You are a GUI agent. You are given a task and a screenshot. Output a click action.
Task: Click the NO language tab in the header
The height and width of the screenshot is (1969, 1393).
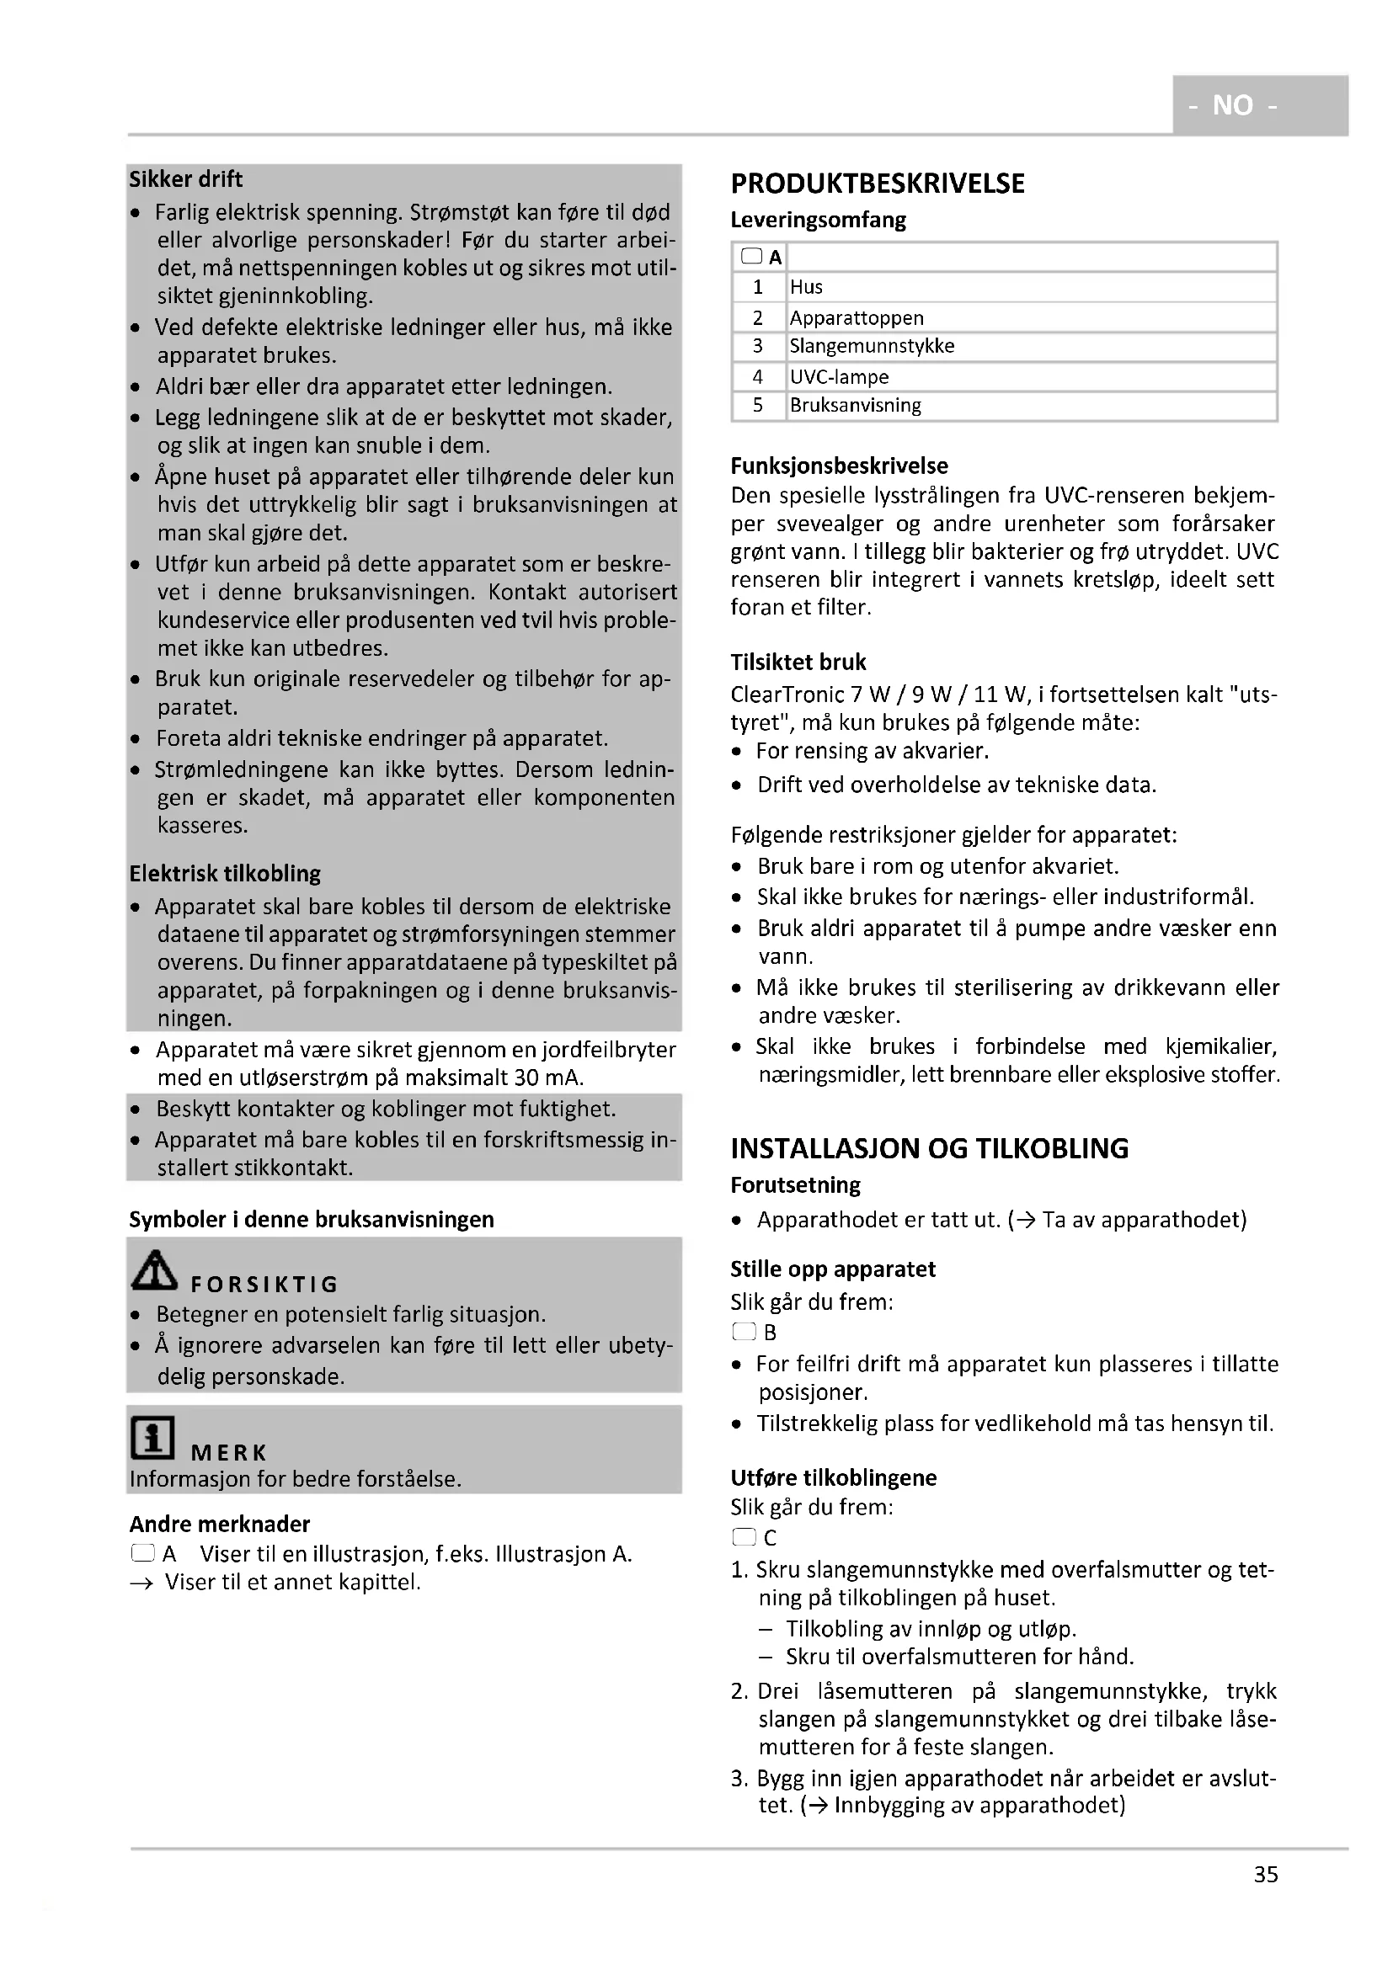click(x=1233, y=105)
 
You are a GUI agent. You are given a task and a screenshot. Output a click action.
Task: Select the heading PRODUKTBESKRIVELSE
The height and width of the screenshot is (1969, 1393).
click(x=877, y=184)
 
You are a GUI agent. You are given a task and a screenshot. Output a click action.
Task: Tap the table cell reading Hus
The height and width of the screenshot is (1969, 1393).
click(x=806, y=287)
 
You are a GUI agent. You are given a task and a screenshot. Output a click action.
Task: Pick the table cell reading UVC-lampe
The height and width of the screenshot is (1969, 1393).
click(x=839, y=376)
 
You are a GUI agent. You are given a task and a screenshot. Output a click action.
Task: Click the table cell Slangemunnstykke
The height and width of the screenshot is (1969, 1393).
click(x=872, y=346)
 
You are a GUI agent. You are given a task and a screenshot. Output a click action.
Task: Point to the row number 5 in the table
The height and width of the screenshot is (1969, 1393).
click(x=757, y=405)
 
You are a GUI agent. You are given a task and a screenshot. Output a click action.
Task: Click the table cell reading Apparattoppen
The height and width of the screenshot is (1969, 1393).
click(x=856, y=318)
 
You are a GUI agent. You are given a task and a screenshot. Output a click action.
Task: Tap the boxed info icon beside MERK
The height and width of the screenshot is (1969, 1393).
click(x=152, y=1437)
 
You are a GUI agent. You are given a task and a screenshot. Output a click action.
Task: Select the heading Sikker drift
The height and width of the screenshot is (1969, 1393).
click(x=186, y=179)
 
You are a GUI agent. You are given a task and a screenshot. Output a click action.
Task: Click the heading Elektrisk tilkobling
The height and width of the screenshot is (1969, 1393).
click(x=225, y=873)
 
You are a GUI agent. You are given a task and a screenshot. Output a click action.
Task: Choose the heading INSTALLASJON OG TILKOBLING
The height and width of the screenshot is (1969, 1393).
click(x=929, y=1148)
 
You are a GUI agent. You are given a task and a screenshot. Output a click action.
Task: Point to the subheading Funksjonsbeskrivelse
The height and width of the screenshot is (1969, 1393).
click(x=839, y=466)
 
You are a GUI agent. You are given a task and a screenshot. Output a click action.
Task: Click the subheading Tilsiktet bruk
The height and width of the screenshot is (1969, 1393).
click(x=798, y=662)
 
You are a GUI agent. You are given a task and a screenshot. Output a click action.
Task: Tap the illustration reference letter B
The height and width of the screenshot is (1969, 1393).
click(x=770, y=1332)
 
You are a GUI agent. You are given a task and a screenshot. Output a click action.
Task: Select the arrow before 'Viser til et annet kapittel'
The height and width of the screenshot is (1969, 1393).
click(x=141, y=1583)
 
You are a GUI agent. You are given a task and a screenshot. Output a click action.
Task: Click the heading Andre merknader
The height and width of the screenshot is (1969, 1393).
click(x=220, y=1524)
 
